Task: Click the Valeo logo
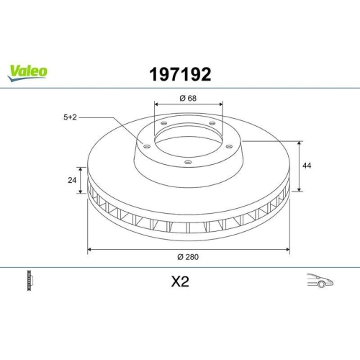tap(28, 71)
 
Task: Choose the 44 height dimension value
tap(307, 166)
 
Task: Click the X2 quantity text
tap(179, 282)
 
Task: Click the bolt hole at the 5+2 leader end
tap(147, 146)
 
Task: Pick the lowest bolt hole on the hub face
tap(188, 162)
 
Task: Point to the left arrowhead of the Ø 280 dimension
tap(90, 250)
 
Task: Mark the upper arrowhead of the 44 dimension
tap(298, 143)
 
